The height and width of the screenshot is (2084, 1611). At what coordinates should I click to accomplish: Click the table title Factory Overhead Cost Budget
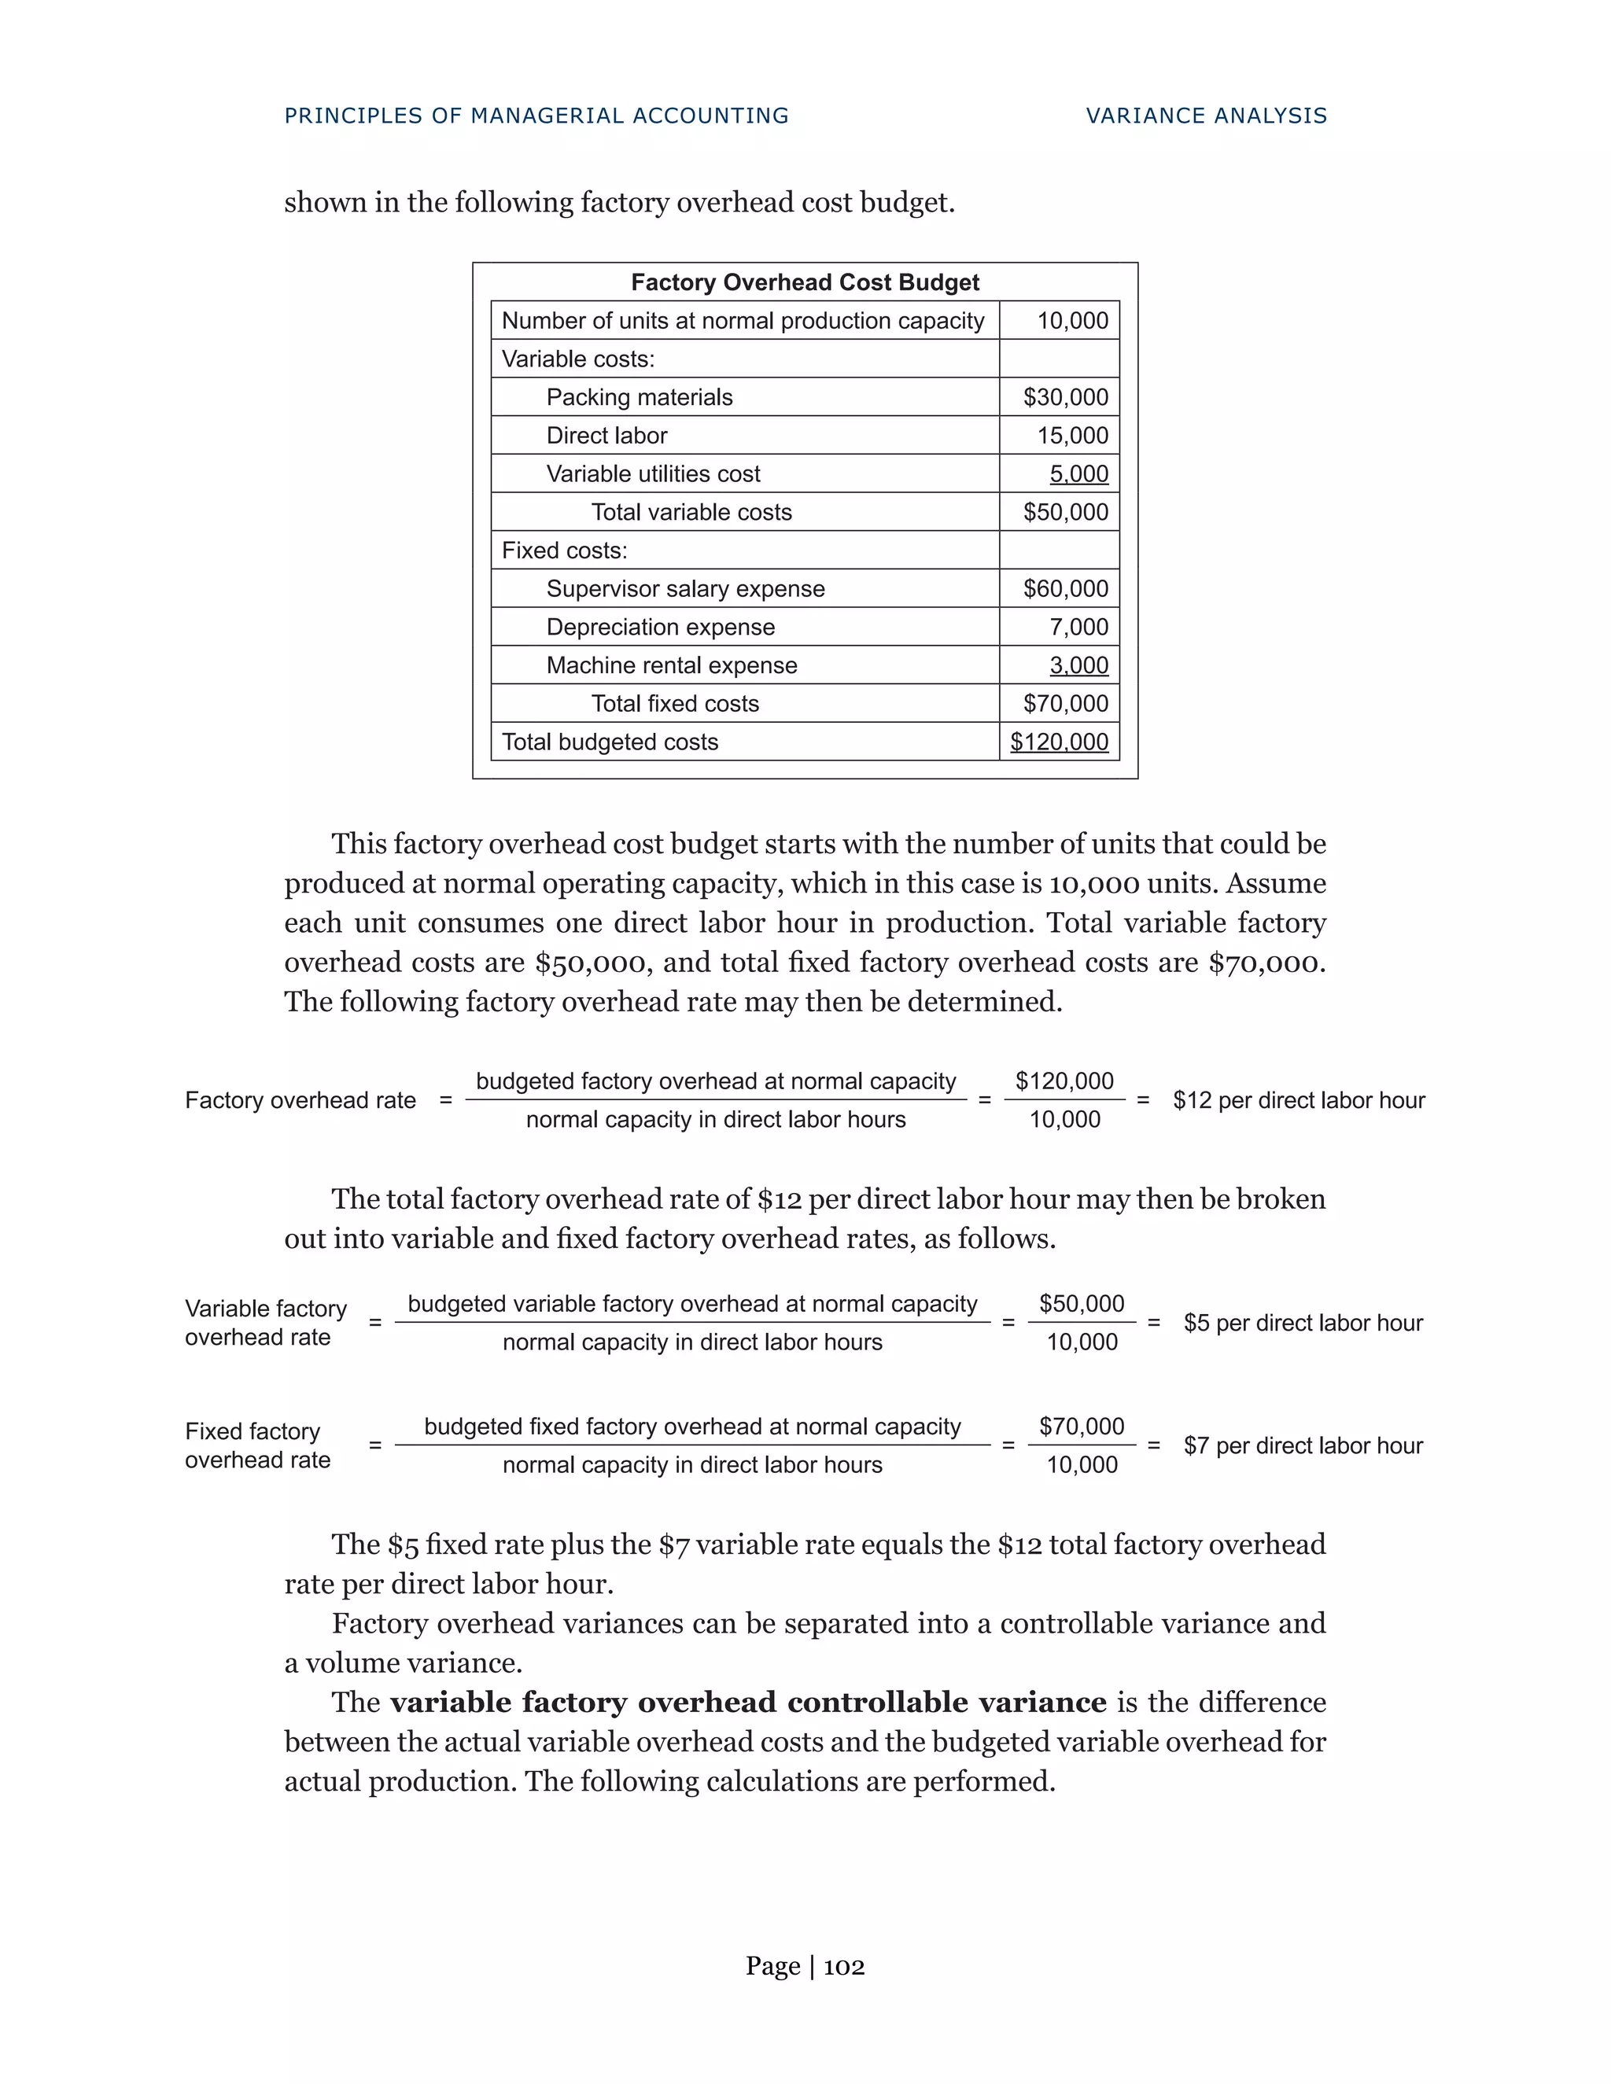click(805, 282)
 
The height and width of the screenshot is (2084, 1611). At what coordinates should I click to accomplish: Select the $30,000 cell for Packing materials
click(1065, 397)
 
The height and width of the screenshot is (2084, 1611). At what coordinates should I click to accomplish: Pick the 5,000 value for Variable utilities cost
click(1078, 473)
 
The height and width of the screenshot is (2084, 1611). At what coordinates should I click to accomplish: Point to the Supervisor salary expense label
click(685, 589)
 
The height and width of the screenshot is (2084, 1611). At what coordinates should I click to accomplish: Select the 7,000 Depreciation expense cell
click(1078, 627)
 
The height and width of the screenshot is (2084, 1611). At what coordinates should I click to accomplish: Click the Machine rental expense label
click(671, 665)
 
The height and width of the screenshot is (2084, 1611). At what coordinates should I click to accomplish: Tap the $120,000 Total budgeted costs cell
click(1060, 742)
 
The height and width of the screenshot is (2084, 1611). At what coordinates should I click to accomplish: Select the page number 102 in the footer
click(844, 1967)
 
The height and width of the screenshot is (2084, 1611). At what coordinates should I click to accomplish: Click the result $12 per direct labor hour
click(1298, 1100)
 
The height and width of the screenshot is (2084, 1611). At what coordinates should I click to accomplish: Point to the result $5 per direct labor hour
click(1303, 1323)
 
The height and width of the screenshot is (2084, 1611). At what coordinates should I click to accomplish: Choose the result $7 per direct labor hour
click(1303, 1445)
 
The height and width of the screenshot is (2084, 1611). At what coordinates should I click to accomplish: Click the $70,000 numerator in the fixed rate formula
click(1082, 1426)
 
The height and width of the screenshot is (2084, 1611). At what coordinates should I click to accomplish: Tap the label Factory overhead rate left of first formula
click(300, 1100)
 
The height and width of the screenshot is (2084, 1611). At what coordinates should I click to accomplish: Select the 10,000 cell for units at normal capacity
click(1072, 321)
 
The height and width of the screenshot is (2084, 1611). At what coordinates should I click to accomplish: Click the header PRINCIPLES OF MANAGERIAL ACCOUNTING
click(536, 116)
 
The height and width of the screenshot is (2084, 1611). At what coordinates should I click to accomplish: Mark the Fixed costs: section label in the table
click(564, 550)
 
